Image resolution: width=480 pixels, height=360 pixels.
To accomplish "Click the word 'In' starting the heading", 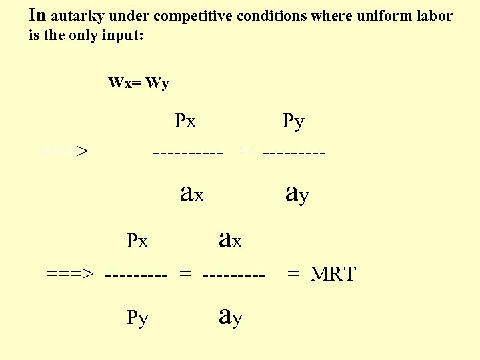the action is coord(38,15).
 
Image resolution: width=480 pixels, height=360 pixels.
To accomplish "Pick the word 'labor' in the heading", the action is coord(434,16).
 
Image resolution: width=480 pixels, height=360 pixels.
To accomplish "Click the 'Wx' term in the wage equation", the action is coord(119,83).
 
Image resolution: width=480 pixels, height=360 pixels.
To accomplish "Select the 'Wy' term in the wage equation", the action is coord(157,84).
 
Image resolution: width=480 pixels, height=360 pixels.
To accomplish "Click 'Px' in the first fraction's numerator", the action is coord(185,121).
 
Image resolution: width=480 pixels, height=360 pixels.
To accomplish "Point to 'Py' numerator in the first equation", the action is coord(293,122).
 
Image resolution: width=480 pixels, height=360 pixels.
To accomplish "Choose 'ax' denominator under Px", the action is coord(193,193).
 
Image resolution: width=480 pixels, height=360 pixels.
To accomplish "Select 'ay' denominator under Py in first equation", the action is coord(297,193).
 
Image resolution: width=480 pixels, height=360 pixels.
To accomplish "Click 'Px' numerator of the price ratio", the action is coord(137,241).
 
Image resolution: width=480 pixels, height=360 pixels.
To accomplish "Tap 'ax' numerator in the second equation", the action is coord(231,239).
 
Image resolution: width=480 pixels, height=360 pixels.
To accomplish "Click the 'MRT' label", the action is coord(333,274).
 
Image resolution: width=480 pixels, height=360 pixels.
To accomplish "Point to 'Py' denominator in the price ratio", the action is coord(137,318).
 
